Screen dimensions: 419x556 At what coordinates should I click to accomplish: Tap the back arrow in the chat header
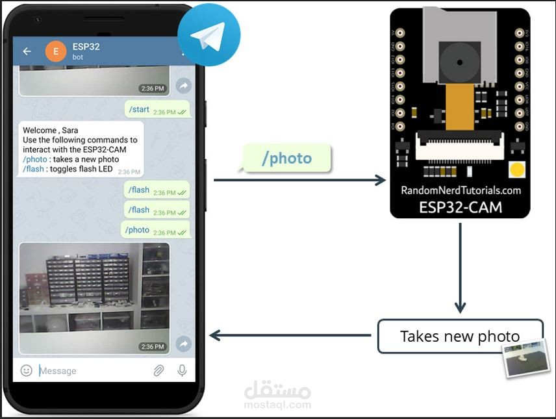27,51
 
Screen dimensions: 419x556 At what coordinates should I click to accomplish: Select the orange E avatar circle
56,51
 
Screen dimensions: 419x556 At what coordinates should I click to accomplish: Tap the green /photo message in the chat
155,230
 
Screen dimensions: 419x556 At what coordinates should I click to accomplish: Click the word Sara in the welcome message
70,131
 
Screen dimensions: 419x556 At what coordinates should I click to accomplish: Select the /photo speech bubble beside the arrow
286,159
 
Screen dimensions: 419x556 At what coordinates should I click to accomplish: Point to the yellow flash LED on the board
517,170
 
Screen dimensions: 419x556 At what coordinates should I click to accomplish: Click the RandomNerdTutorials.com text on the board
461,190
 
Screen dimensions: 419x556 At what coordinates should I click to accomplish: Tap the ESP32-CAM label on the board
461,208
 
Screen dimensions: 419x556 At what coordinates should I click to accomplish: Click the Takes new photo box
459,336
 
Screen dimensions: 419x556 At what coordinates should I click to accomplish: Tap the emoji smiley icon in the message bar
27,370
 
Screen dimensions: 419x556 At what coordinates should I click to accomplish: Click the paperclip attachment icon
158,370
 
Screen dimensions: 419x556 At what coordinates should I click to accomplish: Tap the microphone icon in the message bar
182,370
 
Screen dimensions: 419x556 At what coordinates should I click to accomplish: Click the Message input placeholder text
58,371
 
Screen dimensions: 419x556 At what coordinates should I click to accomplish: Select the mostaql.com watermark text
277,405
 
